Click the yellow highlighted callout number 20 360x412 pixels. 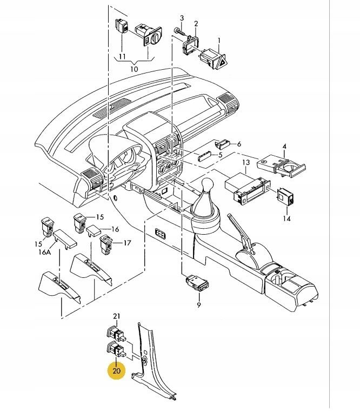[116, 370]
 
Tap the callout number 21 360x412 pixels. [116, 316]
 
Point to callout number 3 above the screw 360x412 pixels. [182, 18]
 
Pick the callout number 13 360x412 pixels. [246, 163]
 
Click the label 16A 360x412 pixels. [44, 252]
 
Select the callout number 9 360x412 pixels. [199, 305]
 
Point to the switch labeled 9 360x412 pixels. [197, 283]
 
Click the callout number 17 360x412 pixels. [127, 243]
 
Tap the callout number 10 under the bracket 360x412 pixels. [134, 69]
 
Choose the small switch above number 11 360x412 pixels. [122, 26]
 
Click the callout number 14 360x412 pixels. [287, 218]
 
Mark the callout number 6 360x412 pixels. [239, 144]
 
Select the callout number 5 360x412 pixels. [220, 155]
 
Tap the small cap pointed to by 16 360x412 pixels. [94, 230]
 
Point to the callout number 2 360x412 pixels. [196, 24]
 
